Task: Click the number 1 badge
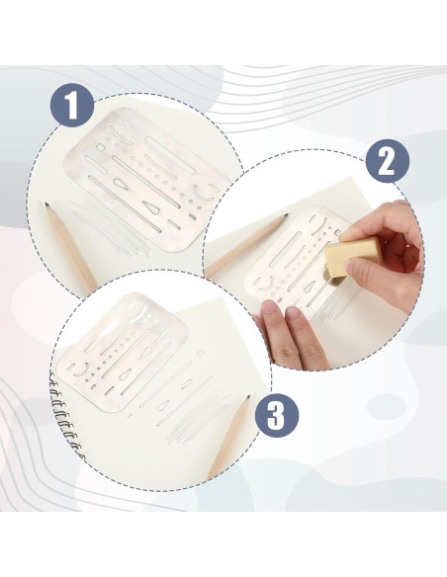(x=72, y=106)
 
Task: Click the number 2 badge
(x=388, y=161)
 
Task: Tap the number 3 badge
(x=277, y=415)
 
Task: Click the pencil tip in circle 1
(x=47, y=205)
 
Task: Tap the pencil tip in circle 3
(x=248, y=398)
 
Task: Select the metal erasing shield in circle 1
(x=147, y=179)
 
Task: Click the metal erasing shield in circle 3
(x=123, y=352)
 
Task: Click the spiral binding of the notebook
(x=66, y=417)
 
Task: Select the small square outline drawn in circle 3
(x=201, y=354)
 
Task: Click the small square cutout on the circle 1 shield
(x=100, y=147)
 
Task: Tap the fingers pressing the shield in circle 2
(x=291, y=333)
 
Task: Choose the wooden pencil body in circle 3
(x=229, y=438)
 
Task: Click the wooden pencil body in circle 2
(x=246, y=246)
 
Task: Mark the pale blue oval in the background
(x=387, y=407)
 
